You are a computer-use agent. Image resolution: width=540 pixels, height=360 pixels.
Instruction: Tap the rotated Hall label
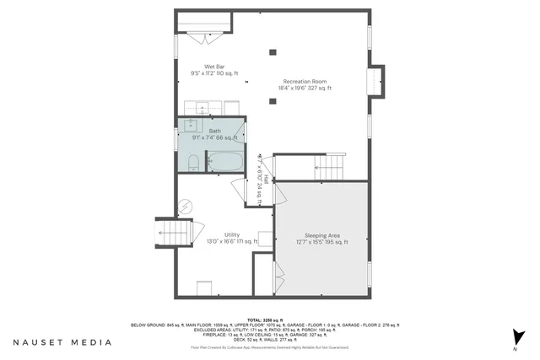[266, 180]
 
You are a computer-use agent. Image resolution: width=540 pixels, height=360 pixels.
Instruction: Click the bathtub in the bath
[224, 160]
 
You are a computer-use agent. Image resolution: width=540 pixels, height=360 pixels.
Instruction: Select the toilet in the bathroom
[192, 162]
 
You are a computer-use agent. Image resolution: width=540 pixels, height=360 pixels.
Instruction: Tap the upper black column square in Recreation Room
[273, 53]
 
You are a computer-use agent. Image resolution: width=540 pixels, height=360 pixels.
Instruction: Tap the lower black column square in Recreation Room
[273, 101]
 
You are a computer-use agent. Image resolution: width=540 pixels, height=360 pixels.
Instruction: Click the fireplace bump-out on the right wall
[375, 81]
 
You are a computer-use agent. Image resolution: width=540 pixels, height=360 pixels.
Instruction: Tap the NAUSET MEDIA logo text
[62, 342]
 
